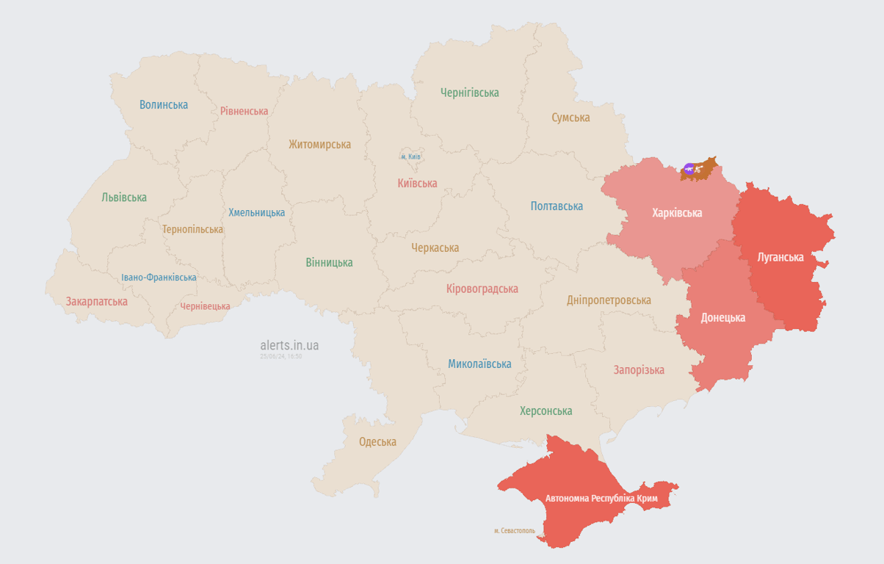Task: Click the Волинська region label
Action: [164, 104]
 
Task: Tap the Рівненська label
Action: [244, 111]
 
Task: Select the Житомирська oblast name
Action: [319, 145]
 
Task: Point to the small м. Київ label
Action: [411, 156]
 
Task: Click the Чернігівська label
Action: [469, 93]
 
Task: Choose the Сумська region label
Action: [570, 117]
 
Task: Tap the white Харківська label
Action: [677, 213]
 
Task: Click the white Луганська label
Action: [780, 257]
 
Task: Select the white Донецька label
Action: [722, 317]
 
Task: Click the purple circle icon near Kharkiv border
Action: [689, 169]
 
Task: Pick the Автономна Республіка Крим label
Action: [601, 499]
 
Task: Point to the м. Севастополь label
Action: [515, 530]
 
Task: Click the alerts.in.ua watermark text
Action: [289, 345]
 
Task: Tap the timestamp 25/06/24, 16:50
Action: [280, 356]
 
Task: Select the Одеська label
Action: [377, 441]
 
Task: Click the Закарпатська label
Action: [96, 301]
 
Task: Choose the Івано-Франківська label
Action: [159, 278]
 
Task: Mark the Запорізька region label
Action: [639, 370]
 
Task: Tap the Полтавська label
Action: [557, 206]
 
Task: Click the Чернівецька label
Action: [205, 306]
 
